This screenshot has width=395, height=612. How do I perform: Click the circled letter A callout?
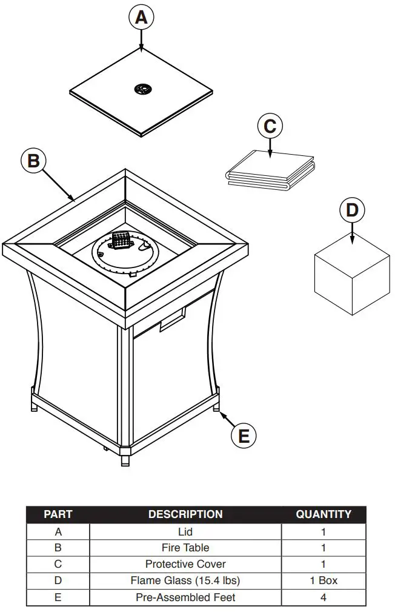[141, 18]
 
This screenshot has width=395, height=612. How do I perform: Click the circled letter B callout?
[34, 160]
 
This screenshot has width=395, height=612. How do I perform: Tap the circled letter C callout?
[270, 126]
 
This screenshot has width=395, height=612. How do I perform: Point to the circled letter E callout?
[244, 435]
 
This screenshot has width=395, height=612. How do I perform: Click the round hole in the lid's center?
[143, 89]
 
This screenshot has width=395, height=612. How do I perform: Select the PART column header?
[58, 514]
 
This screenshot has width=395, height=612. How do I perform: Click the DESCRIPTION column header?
[185, 514]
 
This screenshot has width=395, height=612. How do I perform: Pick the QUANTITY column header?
[324, 514]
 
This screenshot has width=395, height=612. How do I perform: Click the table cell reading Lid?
[185, 531]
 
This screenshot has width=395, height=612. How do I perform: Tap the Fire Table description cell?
[185, 548]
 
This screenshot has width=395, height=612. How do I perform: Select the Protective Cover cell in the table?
[185, 564]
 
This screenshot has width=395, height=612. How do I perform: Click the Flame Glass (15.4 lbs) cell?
[185, 580]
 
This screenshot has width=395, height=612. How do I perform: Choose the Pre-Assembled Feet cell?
[185, 597]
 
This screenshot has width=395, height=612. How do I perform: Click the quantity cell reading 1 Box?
[324, 580]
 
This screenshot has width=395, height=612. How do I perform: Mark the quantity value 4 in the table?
[324, 597]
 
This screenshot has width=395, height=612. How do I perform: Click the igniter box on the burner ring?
[121, 241]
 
